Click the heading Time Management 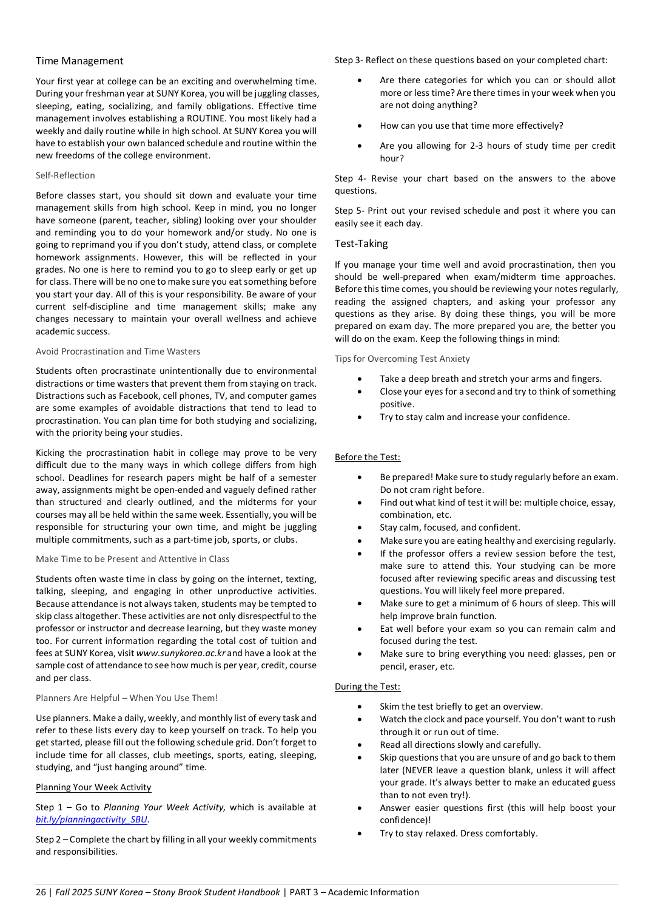(79, 61)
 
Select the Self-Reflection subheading (65, 175)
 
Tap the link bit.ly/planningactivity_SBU (92, 819)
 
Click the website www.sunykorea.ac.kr (181, 653)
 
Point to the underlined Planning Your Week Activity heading (93, 787)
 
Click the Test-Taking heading (361, 243)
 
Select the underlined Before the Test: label (368, 457)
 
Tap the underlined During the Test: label (368, 686)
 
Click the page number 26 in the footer (41, 892)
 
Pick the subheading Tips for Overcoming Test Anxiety (402, 359)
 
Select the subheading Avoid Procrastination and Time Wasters (118, 351)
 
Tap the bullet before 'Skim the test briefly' (360, 707)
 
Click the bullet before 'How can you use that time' (360, 126)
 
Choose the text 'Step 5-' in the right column (349, 211)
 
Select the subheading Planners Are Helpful (126, 698)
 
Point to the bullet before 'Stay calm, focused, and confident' (360, 527)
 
